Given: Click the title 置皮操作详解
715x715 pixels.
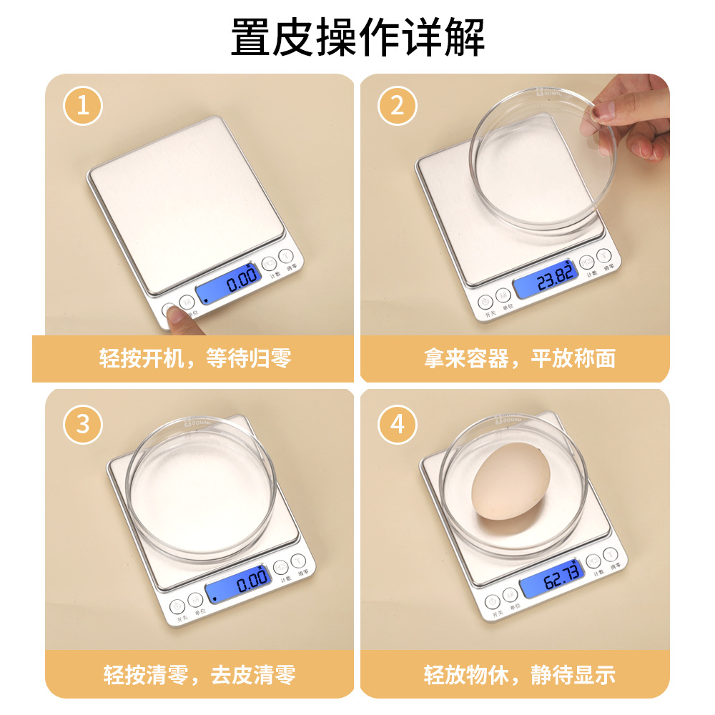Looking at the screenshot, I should point(357,37).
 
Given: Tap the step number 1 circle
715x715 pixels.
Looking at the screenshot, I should point(83,107).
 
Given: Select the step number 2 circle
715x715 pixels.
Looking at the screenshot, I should point(398,107).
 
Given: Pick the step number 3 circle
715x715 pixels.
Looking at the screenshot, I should point(83,424).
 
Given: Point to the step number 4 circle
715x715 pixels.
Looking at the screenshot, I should point(398,424).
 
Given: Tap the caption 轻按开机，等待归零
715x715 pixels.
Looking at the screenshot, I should point(194,357).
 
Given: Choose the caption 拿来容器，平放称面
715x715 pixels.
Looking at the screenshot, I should point(520,357).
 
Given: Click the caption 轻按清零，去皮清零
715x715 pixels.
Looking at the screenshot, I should point(199,674).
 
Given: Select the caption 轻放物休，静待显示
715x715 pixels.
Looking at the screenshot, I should point(520,674).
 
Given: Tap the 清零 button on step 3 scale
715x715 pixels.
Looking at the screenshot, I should point(298,561).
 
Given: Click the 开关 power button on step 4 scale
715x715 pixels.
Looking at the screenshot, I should point(491,602).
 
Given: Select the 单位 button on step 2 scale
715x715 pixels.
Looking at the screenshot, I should point(503,295).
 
